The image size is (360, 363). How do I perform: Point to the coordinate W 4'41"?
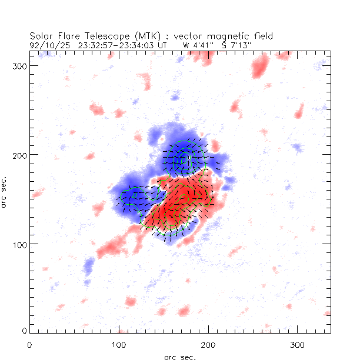[x=195, y=44]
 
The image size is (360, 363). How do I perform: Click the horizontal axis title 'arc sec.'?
[x=179, y=357]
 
